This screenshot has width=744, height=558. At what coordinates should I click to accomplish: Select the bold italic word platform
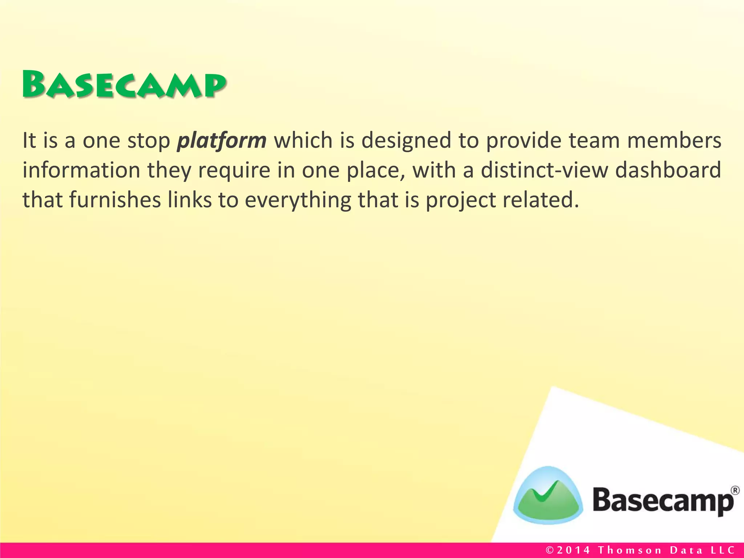point(222,141)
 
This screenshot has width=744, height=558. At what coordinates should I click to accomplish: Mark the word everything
point(298,201)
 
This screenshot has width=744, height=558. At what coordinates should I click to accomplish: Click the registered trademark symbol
point(735,490)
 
